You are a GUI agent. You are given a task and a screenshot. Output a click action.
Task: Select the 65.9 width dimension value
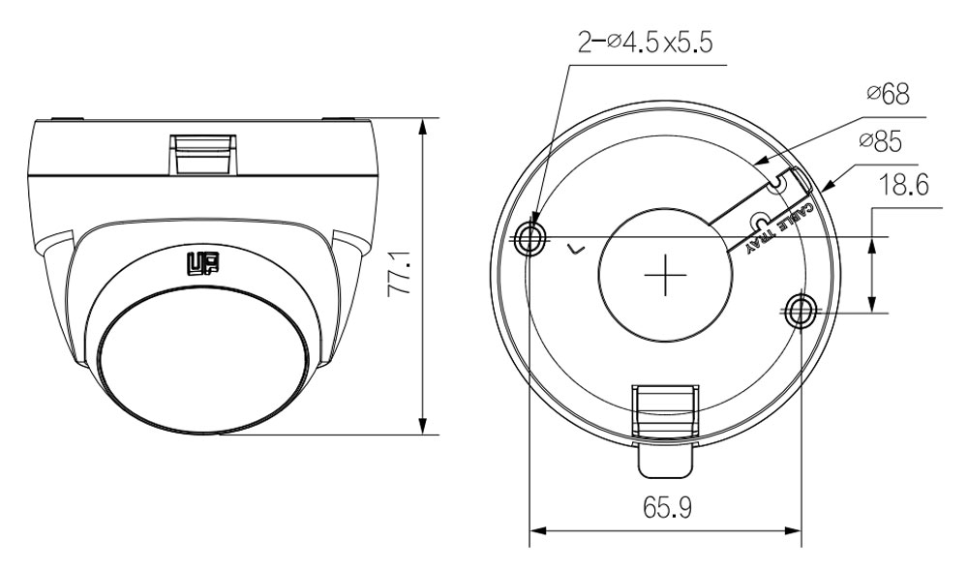coord(667,508)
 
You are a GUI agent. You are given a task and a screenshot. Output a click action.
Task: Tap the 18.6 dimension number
coord(903,185)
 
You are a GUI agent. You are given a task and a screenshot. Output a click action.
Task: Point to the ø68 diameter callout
coord(889,94)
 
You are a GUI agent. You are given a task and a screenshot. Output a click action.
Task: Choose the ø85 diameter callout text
coord(880,142)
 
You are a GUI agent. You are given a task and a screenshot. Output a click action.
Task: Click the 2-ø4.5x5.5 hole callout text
coord(645,44)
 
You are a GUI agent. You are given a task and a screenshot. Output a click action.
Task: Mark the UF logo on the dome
coord(202,263)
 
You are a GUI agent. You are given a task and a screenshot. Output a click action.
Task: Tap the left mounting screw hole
coord(530,237)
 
